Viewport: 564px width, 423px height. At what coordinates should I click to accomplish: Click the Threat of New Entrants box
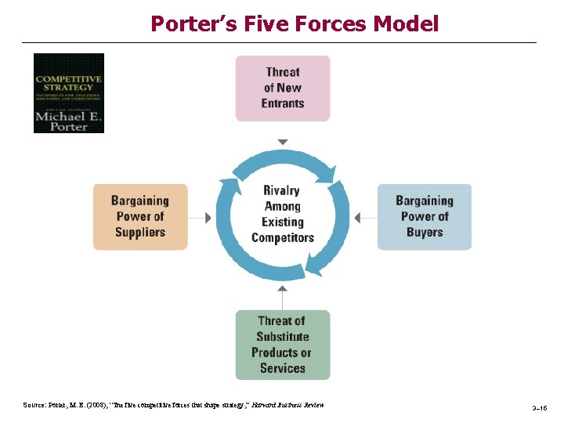[283, 87]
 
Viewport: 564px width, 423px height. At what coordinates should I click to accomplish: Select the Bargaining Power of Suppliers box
[140, 217]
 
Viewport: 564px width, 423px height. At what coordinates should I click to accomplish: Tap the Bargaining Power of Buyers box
[425, 217]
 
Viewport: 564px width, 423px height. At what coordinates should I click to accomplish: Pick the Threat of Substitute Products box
[283, 345]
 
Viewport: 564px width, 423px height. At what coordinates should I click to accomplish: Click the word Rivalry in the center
[281, 190]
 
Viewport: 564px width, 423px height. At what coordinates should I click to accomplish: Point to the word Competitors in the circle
[283, 237]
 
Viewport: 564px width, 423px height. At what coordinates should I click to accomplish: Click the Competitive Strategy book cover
[69, 92]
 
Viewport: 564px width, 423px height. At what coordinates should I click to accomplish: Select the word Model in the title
[407, 23]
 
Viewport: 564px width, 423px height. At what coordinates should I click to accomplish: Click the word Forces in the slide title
[331, 23]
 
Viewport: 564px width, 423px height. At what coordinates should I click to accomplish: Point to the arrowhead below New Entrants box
[283, 142]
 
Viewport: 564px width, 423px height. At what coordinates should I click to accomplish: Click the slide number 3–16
[540, 409]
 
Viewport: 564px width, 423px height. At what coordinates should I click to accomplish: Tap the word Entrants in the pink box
[283, 103]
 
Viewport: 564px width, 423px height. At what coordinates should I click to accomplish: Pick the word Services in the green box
[282, 368]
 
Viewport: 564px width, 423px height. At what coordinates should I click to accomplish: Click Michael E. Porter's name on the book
[69, 120]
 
